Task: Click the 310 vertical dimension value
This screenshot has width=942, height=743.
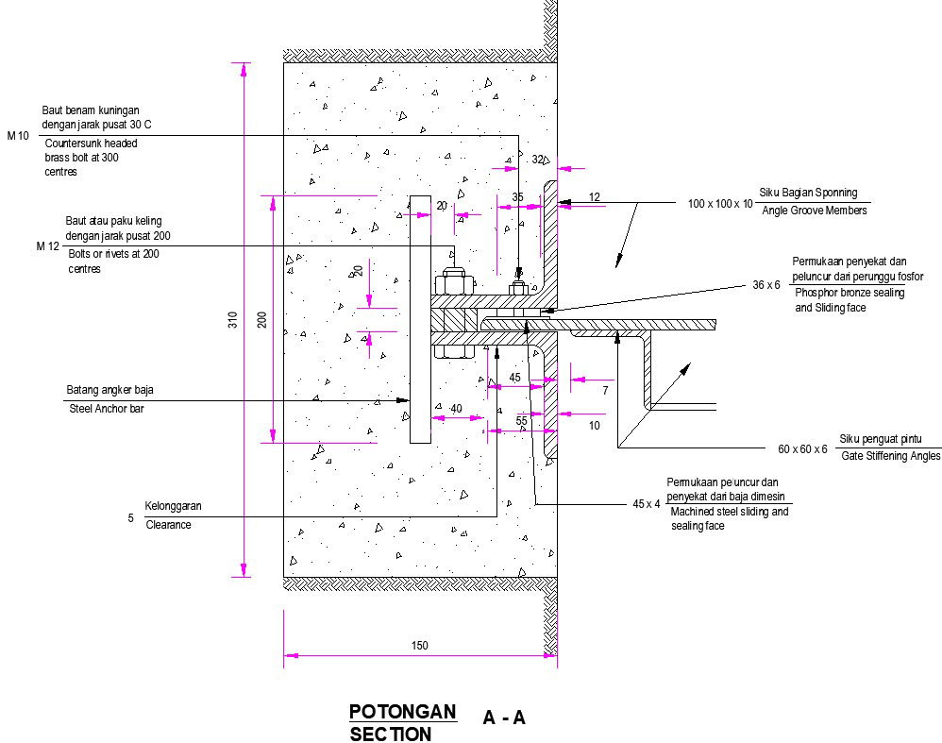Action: (x=233, y=321)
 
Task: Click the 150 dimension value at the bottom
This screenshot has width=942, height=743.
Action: (x=420, y=646)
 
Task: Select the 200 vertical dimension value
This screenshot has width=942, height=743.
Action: (x=262, y=320)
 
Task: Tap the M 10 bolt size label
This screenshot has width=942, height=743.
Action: (x=19, y=136)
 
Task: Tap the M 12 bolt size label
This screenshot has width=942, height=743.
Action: (x=48, y=246)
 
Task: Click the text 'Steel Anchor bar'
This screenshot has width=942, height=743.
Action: (x=106, y=408)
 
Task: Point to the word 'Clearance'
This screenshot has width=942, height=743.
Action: (x=168, y=525)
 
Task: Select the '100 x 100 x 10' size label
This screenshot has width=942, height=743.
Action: (x=721, y=204)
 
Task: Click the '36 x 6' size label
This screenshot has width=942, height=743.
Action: (x=766, y=284)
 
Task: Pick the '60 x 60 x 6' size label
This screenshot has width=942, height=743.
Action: (x=802, y=449)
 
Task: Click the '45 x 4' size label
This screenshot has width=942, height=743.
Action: (x=647, y=504)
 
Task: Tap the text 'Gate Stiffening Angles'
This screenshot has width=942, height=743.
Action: (x=890, y=456)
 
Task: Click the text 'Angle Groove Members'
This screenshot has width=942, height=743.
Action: (x=814, y=211)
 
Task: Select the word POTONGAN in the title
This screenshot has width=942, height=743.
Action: (x=402, y=711)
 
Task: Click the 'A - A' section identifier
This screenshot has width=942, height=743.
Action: (x=504, y=718)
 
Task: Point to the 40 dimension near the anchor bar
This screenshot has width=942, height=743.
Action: (x=456, y=408)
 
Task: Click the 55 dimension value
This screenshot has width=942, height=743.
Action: (x=521, y=420)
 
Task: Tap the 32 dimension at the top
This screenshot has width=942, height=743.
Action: (x=538, y=160)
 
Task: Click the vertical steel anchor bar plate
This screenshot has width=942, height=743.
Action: (x=420, y=320)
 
